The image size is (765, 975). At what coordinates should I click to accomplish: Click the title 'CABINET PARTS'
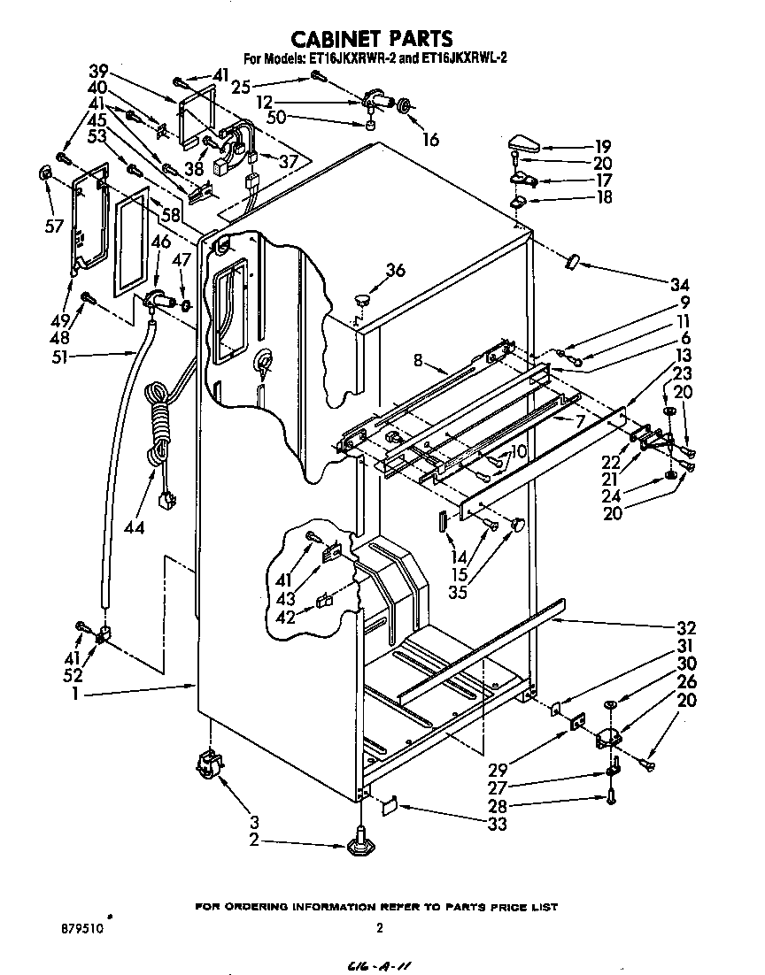372,38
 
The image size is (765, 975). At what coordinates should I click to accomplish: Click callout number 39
98,72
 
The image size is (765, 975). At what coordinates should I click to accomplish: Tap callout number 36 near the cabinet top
395,271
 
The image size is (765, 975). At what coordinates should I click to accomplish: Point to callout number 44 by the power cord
134,528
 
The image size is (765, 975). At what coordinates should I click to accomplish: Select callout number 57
54,226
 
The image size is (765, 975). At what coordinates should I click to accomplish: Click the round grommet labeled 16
406,106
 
